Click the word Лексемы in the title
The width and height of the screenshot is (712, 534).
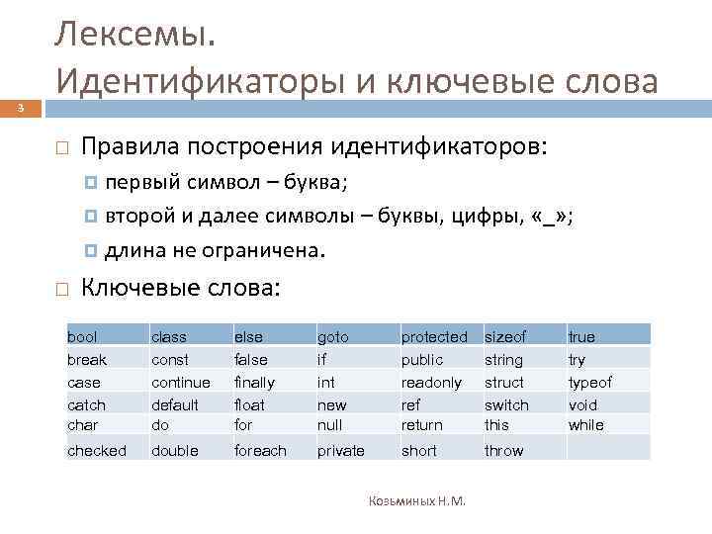133,36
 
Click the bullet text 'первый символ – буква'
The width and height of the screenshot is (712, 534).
226,184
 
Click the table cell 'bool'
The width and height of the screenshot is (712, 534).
82,337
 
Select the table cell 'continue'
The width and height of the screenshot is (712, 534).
180,382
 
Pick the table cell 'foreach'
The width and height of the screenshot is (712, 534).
260,450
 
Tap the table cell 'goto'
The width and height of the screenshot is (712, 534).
332,337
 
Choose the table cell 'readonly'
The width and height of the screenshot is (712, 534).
430,382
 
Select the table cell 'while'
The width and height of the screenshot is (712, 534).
585,424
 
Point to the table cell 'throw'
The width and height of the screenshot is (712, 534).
504,450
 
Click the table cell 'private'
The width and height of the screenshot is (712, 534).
340,450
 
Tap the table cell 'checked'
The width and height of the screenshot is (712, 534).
97,450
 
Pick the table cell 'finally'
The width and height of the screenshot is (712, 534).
254,382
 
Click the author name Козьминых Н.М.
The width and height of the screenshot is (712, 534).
417,501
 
